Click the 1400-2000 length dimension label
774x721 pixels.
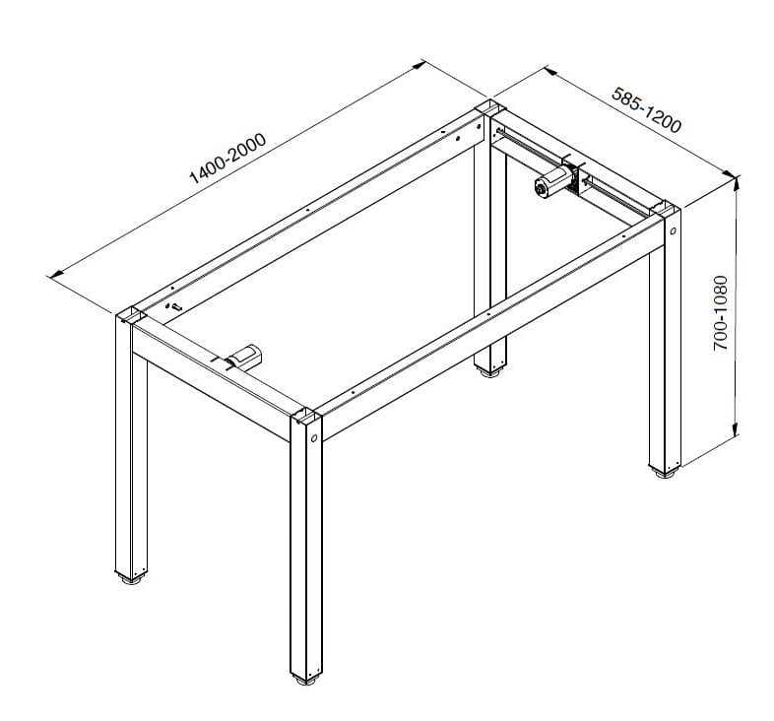[227, 158]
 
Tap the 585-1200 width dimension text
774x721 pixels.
[646, 110]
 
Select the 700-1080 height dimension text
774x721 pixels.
[721, 313]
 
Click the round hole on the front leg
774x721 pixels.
[314, 437]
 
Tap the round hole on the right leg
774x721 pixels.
[673, 230]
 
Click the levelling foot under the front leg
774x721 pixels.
[305, 681]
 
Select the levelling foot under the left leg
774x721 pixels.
[131, 578]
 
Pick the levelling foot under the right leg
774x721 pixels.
[665, 473]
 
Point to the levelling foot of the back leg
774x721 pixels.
[489, 373]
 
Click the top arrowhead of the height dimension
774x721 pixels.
[736, 183]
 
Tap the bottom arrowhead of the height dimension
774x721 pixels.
[736, 429]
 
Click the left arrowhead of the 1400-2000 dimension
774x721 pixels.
[55, 273]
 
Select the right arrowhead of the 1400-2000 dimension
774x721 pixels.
[419, 64]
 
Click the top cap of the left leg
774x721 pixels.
[131, 315]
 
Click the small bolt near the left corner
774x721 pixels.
[174, 307]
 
